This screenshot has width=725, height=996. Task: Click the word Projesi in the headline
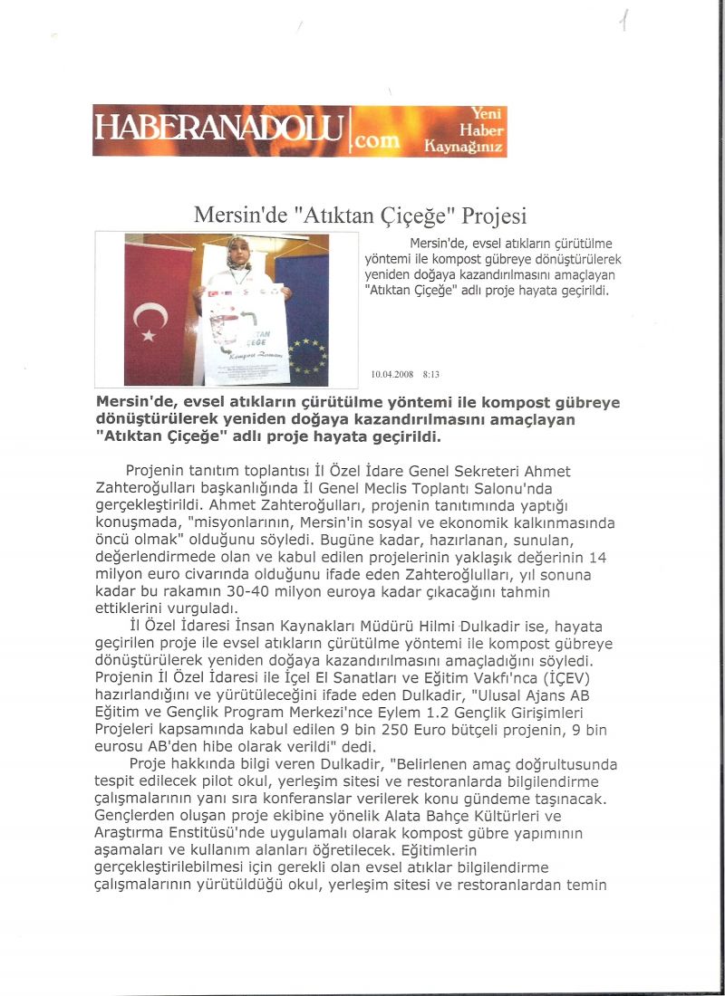tap(494, 216)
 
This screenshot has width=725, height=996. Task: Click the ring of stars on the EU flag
tap(307, 356)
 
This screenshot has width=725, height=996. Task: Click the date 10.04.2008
tap(391, 374)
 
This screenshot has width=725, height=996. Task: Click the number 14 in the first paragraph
tap(597, 557)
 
